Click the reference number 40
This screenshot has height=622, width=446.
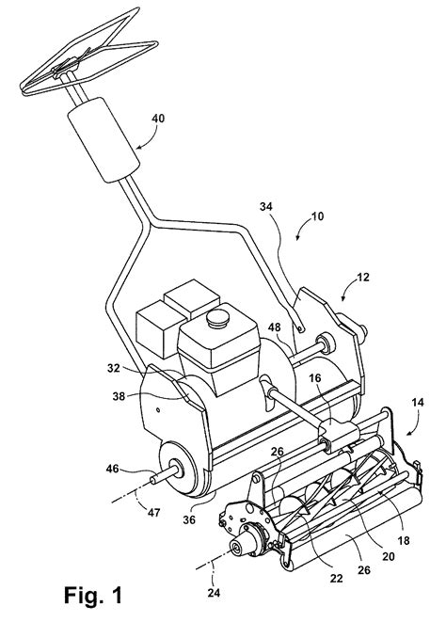pos(158,119)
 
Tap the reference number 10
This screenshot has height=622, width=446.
pos(316,216)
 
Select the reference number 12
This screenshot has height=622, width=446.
pos(362,277)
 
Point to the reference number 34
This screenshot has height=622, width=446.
pos(266,206)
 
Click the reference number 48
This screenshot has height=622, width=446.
pos(274,327)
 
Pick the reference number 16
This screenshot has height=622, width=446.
pos(315,378)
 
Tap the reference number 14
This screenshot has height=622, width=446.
pos(418,402)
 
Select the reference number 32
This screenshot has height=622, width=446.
pos(114,368)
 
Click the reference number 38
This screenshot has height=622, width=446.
pos(119,396)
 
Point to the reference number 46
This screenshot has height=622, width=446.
pos(112,469)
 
